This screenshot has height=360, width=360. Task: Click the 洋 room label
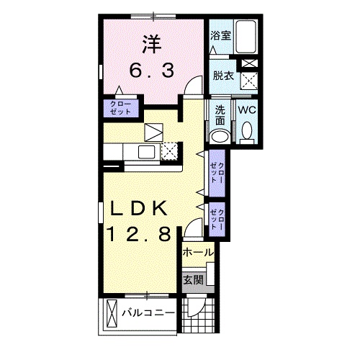coord(152,44)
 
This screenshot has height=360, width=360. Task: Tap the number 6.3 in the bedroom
coord(152,71)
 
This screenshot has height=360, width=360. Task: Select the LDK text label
coord(139,208)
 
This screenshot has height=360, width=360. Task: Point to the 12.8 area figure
coord(139,234)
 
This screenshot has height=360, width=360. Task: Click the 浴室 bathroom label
coord(221,35)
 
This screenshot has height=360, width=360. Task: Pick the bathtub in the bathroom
coord(246,37)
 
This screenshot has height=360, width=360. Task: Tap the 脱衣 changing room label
coord(223,76)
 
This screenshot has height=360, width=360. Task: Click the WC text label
coord(247,110)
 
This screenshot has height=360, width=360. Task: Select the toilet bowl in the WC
coord(247,132)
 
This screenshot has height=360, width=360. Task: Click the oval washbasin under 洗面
coord(220,137)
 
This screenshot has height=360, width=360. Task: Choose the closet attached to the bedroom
coord(121,108)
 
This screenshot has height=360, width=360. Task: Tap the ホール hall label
coord(198,252)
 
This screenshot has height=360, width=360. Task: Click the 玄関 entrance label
coord(193,280)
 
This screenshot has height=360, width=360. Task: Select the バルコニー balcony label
coord(148,313)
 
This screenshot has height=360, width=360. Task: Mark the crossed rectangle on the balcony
coord(112,312)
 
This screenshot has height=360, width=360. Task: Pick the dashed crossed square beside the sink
coord(169,151)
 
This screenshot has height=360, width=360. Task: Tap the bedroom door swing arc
coord(194,85)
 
